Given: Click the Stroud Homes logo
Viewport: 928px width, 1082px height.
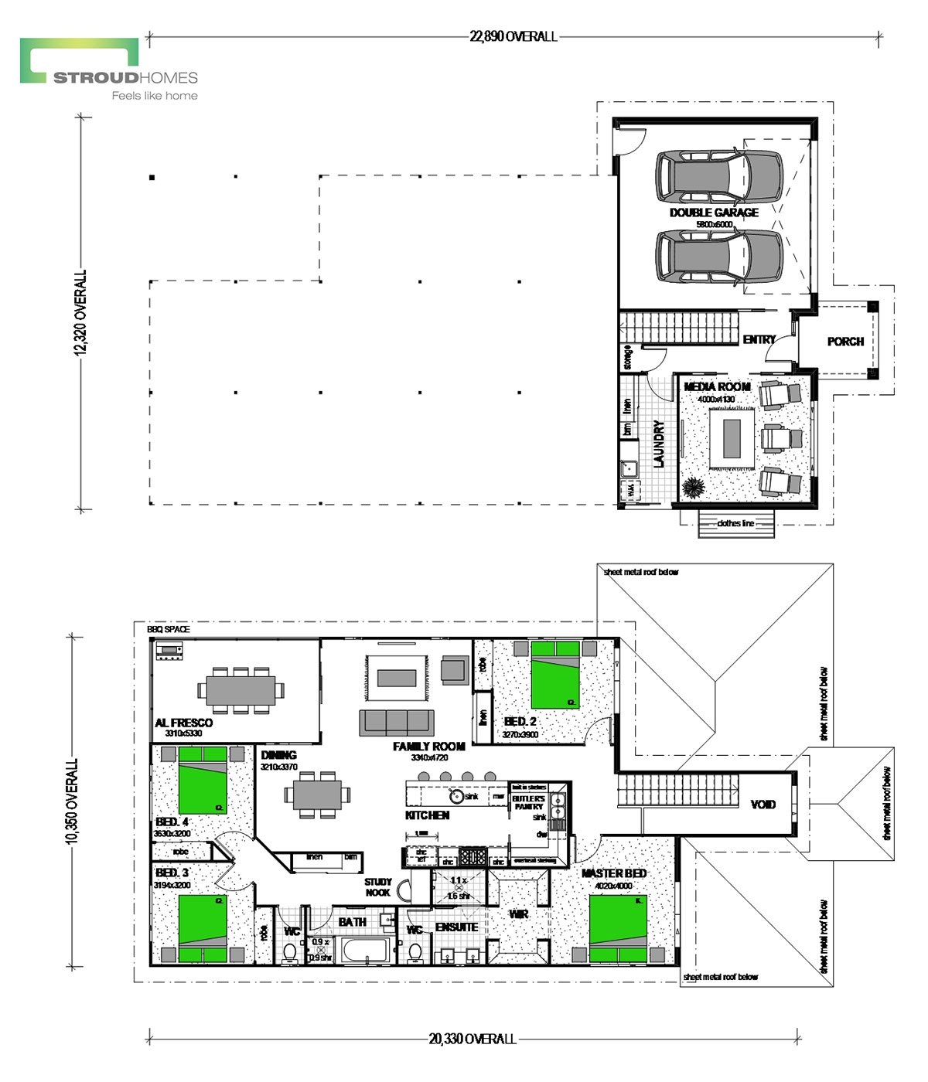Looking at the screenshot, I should point(109,70).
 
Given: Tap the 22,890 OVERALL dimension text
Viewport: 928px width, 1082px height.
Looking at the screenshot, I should point(513,36).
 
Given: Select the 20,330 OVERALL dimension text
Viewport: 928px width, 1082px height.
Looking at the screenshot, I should point(472,1039).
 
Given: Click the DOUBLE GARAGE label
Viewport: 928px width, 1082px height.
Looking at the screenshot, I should point(714,213).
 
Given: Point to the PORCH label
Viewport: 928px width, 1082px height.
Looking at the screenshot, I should point(845,341).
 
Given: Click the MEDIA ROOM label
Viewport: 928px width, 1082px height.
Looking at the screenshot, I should point(717,386).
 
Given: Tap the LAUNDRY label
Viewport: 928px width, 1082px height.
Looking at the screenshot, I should point(659,444).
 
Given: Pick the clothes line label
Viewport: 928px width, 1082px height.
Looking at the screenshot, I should point(735,523).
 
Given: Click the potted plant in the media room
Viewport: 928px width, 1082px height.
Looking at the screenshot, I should point(693,488).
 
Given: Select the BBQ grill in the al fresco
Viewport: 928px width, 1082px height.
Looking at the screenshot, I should point(169,652).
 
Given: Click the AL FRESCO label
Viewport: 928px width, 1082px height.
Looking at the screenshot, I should point(183,723).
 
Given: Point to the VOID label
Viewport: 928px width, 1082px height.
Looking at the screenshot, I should point(763,805).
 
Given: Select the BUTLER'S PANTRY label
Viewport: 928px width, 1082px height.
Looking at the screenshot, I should point(528,802).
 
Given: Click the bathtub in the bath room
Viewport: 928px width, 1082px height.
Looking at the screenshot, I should point(367,951).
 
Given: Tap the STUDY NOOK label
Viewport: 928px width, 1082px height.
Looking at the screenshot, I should point(378,887).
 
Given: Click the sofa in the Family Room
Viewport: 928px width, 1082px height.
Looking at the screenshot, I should point(395,722).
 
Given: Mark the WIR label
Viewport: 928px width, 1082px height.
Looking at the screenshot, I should point(518,914).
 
